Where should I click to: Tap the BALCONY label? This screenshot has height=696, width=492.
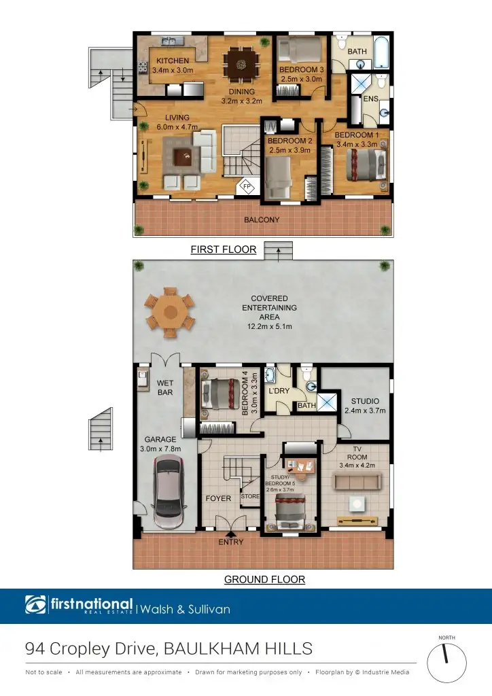[x=262, y=220]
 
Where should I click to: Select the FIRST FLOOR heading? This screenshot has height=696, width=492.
[x=223, y=249]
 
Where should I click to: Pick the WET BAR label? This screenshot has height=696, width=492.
[x=165, y=388]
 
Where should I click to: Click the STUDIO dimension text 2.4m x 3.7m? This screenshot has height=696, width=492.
[x=366, y=411]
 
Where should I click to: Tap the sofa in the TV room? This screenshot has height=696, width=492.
[x=356, y=481]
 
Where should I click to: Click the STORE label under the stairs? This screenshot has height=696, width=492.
[x=250, y=496]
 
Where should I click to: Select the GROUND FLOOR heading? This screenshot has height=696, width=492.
[x=264, y=580]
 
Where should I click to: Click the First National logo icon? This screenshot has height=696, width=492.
[x=35, y=605]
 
